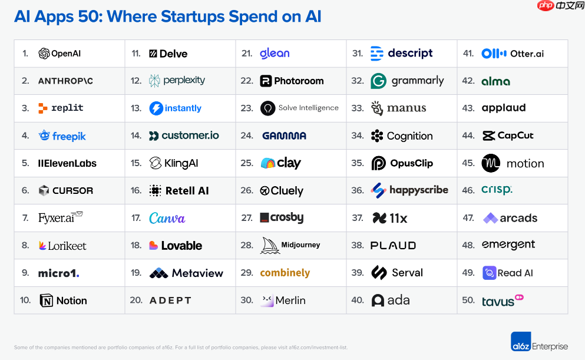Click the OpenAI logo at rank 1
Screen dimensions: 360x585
pyautogui.click(x=60, y=54)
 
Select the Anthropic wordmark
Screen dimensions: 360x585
pyautogui.click(x=65, y=81)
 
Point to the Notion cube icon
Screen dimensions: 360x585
pyautogui.click(x=46, y=300)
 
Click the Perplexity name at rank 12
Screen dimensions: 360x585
pyautogui.click(x=184, y=81)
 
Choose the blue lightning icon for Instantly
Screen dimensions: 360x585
pyautogui.click(x=156, y=108)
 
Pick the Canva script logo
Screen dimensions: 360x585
pyautogui.click(x=167, y=218)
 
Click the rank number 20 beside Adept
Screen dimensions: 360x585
pyautogui.click(x=136, y=300)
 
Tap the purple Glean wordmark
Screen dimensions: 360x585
pyautogui.click(x=275, y=53)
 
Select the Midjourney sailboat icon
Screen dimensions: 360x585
pyautogui.click(x=270, y=245)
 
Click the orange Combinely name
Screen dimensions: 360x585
pyautogui.click(x=285, y=273)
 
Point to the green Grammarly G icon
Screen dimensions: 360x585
pyautogui.click(x=378, y=81)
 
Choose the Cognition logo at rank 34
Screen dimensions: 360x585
pyautogui.click(x=401, y=136)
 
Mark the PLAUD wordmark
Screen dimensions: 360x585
pyautogui.click(x=393, y=246)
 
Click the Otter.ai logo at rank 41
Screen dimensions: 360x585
pyautogui.click(x=512, y=54)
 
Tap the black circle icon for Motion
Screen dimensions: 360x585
pyautogui.click(x=491, y=163)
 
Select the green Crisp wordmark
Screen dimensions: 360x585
pyautogui.click(x=497, y=190)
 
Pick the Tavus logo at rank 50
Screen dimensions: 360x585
pyautogui.click(x=502, y=300)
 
